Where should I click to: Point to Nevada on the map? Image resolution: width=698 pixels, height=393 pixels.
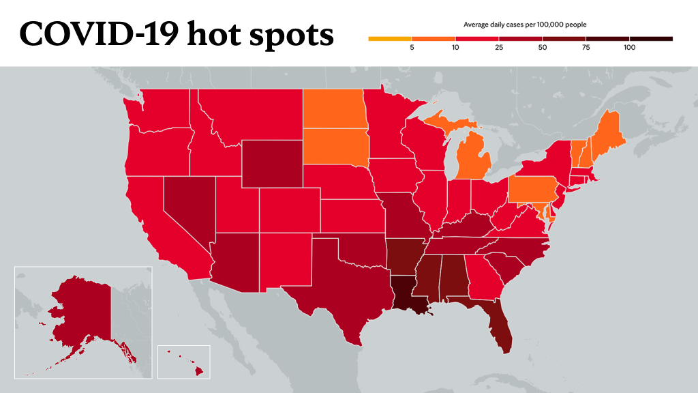[187, 205]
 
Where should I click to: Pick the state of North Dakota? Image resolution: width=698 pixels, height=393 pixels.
[335, 109]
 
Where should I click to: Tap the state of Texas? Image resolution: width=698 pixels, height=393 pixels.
[338, 285]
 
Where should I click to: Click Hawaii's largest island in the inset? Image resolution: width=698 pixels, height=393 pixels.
[199, 370]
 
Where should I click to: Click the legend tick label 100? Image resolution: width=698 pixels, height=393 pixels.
[629, 48]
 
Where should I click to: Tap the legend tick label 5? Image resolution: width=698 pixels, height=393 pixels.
[412, 48]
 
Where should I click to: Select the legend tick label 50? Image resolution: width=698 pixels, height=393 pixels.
[542, 48]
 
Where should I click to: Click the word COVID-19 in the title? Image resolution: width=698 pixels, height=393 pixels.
[99, 34]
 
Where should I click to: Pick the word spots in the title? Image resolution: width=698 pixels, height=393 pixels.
[291, 35]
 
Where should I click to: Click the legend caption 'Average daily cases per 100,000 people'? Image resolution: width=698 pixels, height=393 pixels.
[525, 25]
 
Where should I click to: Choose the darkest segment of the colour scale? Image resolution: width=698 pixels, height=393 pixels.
[651, 39]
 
